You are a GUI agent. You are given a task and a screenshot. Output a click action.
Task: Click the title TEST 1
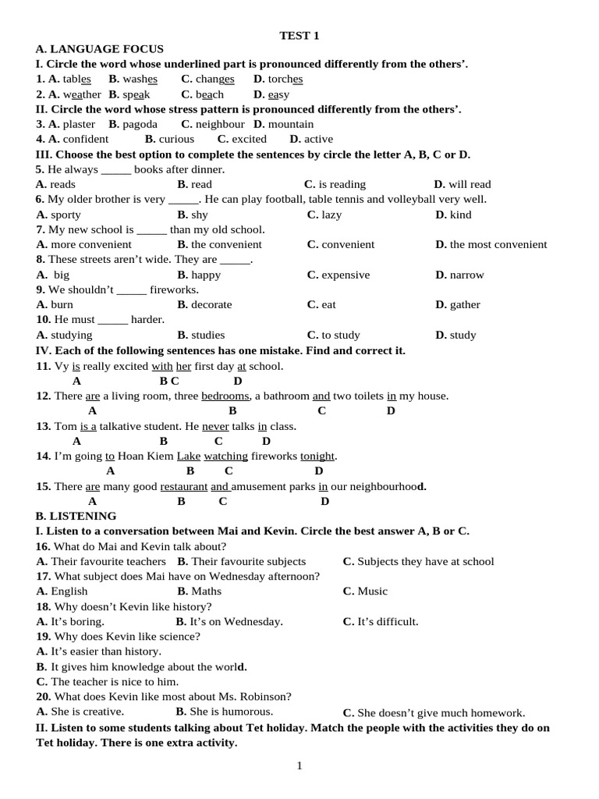pos(299,35)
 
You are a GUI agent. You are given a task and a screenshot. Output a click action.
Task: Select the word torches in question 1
pos(285,79)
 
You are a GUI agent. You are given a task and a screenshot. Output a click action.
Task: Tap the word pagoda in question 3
pos(140,124)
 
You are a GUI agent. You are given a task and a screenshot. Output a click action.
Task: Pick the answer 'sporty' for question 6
pos(66,215)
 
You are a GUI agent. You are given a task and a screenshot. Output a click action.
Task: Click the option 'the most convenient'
pos(498,244)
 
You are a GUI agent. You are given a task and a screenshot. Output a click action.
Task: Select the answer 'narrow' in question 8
pos(466,275)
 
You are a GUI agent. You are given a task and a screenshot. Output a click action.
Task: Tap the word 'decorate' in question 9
pos(211,304)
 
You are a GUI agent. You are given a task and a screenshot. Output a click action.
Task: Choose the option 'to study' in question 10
pos(341,335)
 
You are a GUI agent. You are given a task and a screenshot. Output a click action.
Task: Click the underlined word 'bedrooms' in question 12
pos(225,396)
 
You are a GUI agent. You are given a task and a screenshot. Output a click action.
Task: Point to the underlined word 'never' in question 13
pos(215,426)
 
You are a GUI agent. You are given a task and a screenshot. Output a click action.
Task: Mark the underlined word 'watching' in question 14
pos(225,456)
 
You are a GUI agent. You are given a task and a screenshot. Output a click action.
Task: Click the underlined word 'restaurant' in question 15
pos(183,486)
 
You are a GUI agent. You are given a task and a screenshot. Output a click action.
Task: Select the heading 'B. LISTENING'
pos(76,516)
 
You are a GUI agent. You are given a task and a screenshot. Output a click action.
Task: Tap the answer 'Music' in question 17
pos(372,591)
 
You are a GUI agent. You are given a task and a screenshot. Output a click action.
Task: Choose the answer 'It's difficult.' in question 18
pos(388,622)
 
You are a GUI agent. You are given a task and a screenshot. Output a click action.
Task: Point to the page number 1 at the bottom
pos(299,765)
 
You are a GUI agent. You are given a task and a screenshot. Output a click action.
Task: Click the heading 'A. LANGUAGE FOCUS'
pos(100,49)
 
